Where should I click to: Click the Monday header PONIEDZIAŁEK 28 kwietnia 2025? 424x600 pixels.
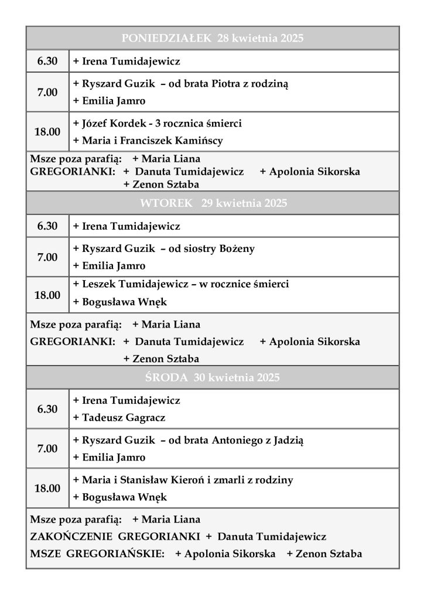pos(212,39)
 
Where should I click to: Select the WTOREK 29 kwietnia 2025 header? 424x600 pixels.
pos(212,204)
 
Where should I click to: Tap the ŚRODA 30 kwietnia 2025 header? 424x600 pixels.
pos(212,378)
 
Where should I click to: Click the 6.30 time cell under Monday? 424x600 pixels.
pos(47,61)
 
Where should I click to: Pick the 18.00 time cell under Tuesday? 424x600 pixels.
pos(47,295)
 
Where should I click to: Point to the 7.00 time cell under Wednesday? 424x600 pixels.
pos(47,449)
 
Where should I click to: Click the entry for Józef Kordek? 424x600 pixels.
pos(157,124)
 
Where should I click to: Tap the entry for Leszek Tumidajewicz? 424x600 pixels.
pos(180,284)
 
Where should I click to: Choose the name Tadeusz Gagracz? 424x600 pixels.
pos(119,418)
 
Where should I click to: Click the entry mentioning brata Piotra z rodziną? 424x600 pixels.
pos(180,84)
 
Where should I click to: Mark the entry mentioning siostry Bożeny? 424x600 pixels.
pos(163,248)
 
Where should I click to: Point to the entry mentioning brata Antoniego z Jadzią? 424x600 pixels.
pos(188,440)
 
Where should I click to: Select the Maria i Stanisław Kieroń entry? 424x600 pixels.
pos(183,480)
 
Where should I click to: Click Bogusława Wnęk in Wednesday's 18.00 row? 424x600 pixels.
pos(119,497)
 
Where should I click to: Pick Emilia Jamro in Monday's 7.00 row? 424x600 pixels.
pos(109,101)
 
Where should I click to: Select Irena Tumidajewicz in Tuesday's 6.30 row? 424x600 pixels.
pos(126,226)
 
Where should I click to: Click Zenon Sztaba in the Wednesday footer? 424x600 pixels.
pos(324,554)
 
